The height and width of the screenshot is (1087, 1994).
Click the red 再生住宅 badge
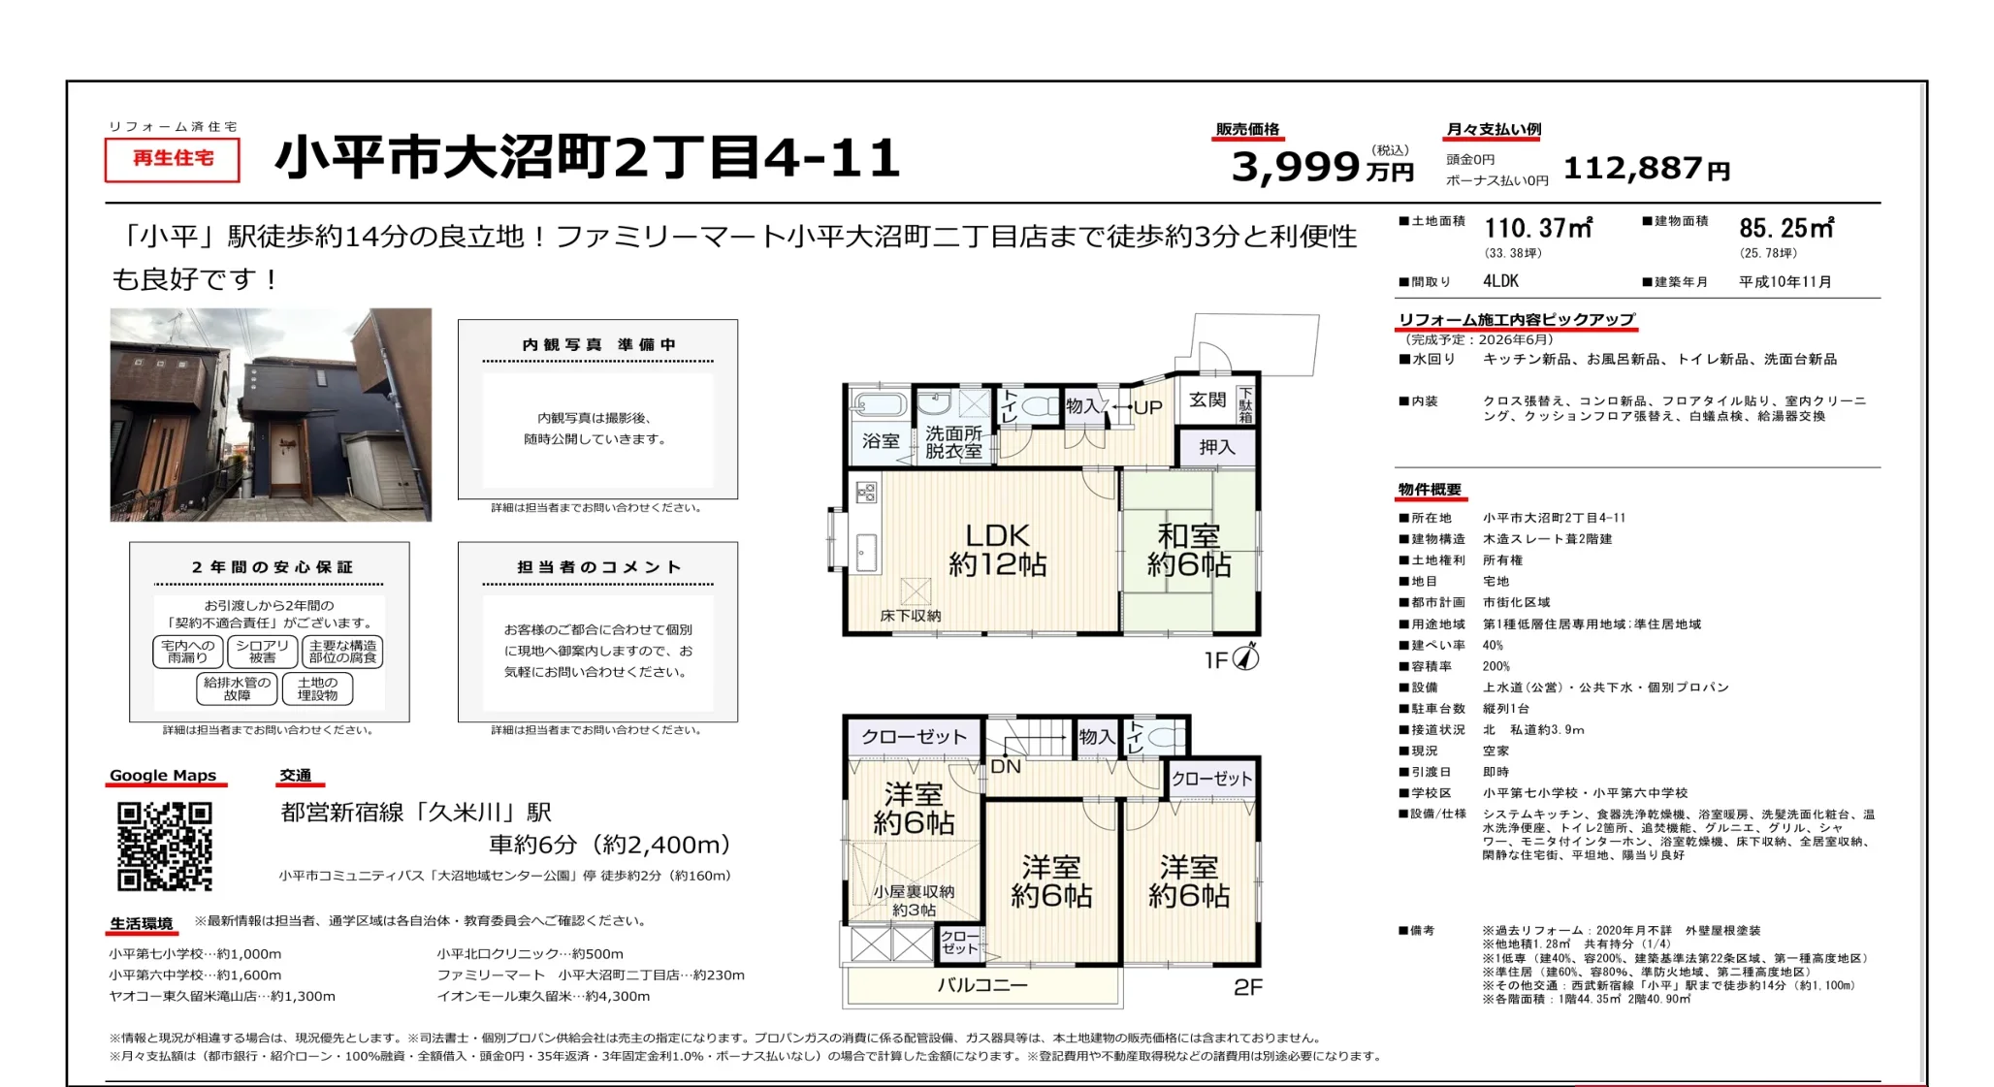(x=173, y=159)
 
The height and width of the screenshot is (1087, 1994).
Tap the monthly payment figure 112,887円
(x=1647, y=169)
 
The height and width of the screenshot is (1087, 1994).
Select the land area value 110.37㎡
(x=1538, y=229)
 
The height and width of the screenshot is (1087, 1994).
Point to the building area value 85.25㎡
(x=1786, y=229)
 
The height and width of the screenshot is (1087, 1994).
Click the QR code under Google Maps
(x=165, y=846)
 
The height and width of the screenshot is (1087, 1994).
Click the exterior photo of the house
(x=271, y=415)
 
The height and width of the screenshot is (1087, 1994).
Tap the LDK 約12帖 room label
(x=997, y=550)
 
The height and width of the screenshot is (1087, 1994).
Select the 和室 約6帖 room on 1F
(x=1189, y=550)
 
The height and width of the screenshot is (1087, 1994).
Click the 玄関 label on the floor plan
(x=1207, y=400)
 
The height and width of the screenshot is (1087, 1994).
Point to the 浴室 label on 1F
(x=881, y=441)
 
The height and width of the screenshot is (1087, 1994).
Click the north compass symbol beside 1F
(x=1246, y=657)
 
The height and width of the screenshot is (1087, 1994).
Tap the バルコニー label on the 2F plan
(x=982, y=985)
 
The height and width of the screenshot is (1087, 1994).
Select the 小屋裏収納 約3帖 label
(x=914, y=900)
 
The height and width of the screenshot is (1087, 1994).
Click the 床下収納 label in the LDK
(x=910, y=616)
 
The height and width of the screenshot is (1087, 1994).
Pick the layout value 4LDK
(x=1500, y=281)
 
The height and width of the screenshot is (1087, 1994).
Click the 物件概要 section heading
(x=1429, y=490)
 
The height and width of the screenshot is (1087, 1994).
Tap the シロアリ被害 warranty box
(x=262, y=652)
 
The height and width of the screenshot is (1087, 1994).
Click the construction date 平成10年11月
(x=1785, y=282)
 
